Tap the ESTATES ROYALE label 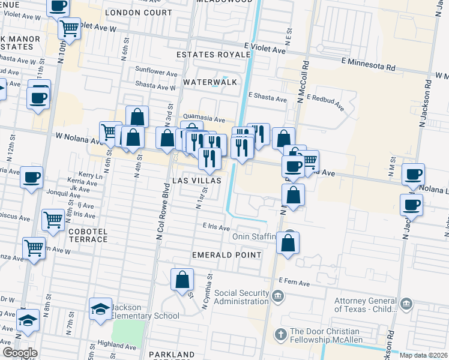point(213,55)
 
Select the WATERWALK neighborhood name point(210,82)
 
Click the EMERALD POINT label point(226,255)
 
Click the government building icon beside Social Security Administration point(277,295)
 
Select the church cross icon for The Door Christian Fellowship point(280,334)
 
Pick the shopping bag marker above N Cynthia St point(182,279)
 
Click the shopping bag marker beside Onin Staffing point(288,243)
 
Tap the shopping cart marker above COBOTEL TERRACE point(53,220)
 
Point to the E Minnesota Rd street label point(369,61)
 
